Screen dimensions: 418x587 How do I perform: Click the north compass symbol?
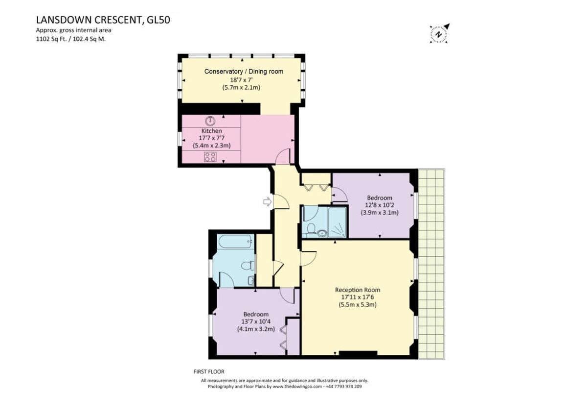[439, 34]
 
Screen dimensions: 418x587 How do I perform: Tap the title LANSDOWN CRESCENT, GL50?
[103, 20]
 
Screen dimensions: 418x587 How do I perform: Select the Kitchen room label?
[212, 131]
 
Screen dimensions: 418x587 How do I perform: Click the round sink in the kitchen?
[210, 121]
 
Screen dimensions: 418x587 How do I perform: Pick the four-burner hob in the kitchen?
[210, 157]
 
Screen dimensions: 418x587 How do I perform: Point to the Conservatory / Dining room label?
[244, 72]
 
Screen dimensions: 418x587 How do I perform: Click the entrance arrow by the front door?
[267, 202]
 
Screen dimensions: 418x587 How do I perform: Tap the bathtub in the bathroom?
[236, 241]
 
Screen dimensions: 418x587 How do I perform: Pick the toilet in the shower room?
[312, 229]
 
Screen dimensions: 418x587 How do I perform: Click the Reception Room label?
[357, 290]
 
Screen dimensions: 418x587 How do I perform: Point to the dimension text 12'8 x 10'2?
[380, 205]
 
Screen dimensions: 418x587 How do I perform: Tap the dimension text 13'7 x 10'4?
[256, 322]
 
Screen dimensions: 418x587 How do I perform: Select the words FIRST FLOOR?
[209, 372]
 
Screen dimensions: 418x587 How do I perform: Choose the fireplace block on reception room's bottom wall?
[358, 353]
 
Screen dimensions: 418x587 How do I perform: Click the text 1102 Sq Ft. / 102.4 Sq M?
[70, 39]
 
